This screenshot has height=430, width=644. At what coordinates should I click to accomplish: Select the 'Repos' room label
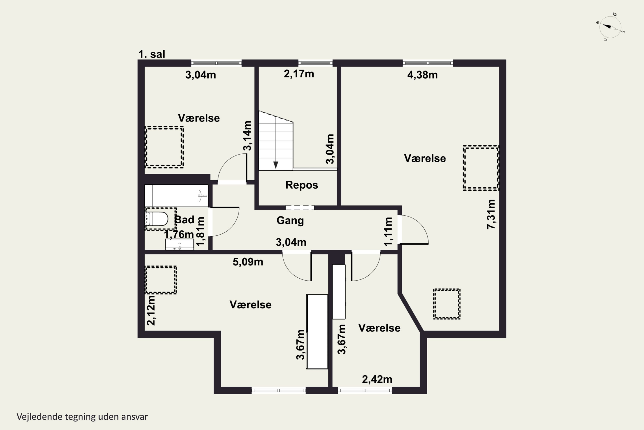pos(302,185)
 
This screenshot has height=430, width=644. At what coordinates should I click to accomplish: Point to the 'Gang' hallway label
pos(290,221)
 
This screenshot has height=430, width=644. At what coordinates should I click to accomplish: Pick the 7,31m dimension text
pos(491,214)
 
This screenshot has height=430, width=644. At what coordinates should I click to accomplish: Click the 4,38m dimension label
pos(422,75)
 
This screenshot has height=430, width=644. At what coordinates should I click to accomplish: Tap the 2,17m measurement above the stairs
pos(299,74)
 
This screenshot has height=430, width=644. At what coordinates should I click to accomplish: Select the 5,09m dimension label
pos(248,262)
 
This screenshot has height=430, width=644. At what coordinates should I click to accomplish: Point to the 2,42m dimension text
pos(377,379)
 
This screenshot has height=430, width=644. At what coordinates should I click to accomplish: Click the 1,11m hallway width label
pos(388,232)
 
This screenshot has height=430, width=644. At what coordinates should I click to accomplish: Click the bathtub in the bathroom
pos(176,196)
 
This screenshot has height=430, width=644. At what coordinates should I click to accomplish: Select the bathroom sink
pos(179,244)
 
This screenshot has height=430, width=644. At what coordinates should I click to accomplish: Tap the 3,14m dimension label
pos(247,136)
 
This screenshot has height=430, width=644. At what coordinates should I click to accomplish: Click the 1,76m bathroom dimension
pos(179,235)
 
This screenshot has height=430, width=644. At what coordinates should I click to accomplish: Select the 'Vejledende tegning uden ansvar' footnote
pos(82,417)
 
